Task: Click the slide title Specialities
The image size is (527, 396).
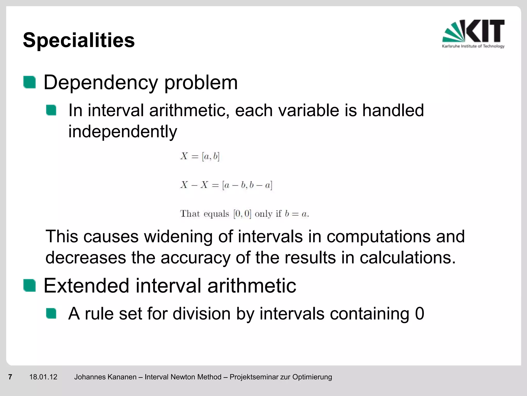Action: point(79,40)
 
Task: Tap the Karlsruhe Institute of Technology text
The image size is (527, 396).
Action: point(473,46)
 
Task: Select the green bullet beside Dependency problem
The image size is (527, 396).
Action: point(29,82)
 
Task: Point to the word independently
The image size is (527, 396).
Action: point(122,132)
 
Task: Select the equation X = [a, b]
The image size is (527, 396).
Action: point(200,156)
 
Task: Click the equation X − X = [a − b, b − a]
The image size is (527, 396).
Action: point(226,185)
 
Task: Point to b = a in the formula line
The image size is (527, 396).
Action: point(296,214)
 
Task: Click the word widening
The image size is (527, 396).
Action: point(178,236)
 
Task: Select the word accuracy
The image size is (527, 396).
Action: point(195,258)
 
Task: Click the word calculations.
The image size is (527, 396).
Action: point(407,258)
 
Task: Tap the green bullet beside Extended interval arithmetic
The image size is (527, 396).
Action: point(29,285)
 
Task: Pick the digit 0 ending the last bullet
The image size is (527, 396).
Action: point(419,314)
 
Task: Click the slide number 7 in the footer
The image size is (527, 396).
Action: point(10,377)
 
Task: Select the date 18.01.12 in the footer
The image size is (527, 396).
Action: point(43,377)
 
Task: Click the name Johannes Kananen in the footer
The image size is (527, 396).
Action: point(105,377)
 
